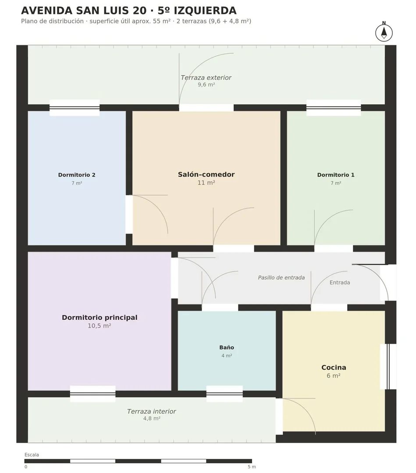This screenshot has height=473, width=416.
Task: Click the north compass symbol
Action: [384, 32]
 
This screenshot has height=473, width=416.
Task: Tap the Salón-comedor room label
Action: [206, 174]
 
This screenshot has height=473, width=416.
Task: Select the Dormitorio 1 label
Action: [336, 175]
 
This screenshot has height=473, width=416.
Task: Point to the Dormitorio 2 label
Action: [77, 175]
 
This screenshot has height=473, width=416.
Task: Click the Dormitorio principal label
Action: [100, 318]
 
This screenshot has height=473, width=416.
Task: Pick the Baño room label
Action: [227, 347]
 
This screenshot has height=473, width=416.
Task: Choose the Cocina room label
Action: [334, 367]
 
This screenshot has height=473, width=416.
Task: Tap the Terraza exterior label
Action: [206, 78]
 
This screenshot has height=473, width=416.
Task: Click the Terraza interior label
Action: [152, 411]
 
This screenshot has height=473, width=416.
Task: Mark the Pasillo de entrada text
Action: [281, 278]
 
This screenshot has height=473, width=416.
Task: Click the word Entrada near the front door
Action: [340, 282]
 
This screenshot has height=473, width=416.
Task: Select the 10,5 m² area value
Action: [100, 326]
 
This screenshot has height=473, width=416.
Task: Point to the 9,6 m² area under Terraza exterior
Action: [206, 85]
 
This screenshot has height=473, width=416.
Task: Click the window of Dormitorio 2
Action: [75, 108]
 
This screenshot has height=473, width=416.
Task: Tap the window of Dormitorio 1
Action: [334, 108]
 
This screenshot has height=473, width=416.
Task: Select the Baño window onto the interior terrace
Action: [224, 394]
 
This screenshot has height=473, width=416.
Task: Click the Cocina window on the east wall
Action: [388, 367]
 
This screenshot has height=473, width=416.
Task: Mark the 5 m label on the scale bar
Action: [252, 467]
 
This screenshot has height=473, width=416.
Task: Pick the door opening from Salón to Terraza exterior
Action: [206, 108]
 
